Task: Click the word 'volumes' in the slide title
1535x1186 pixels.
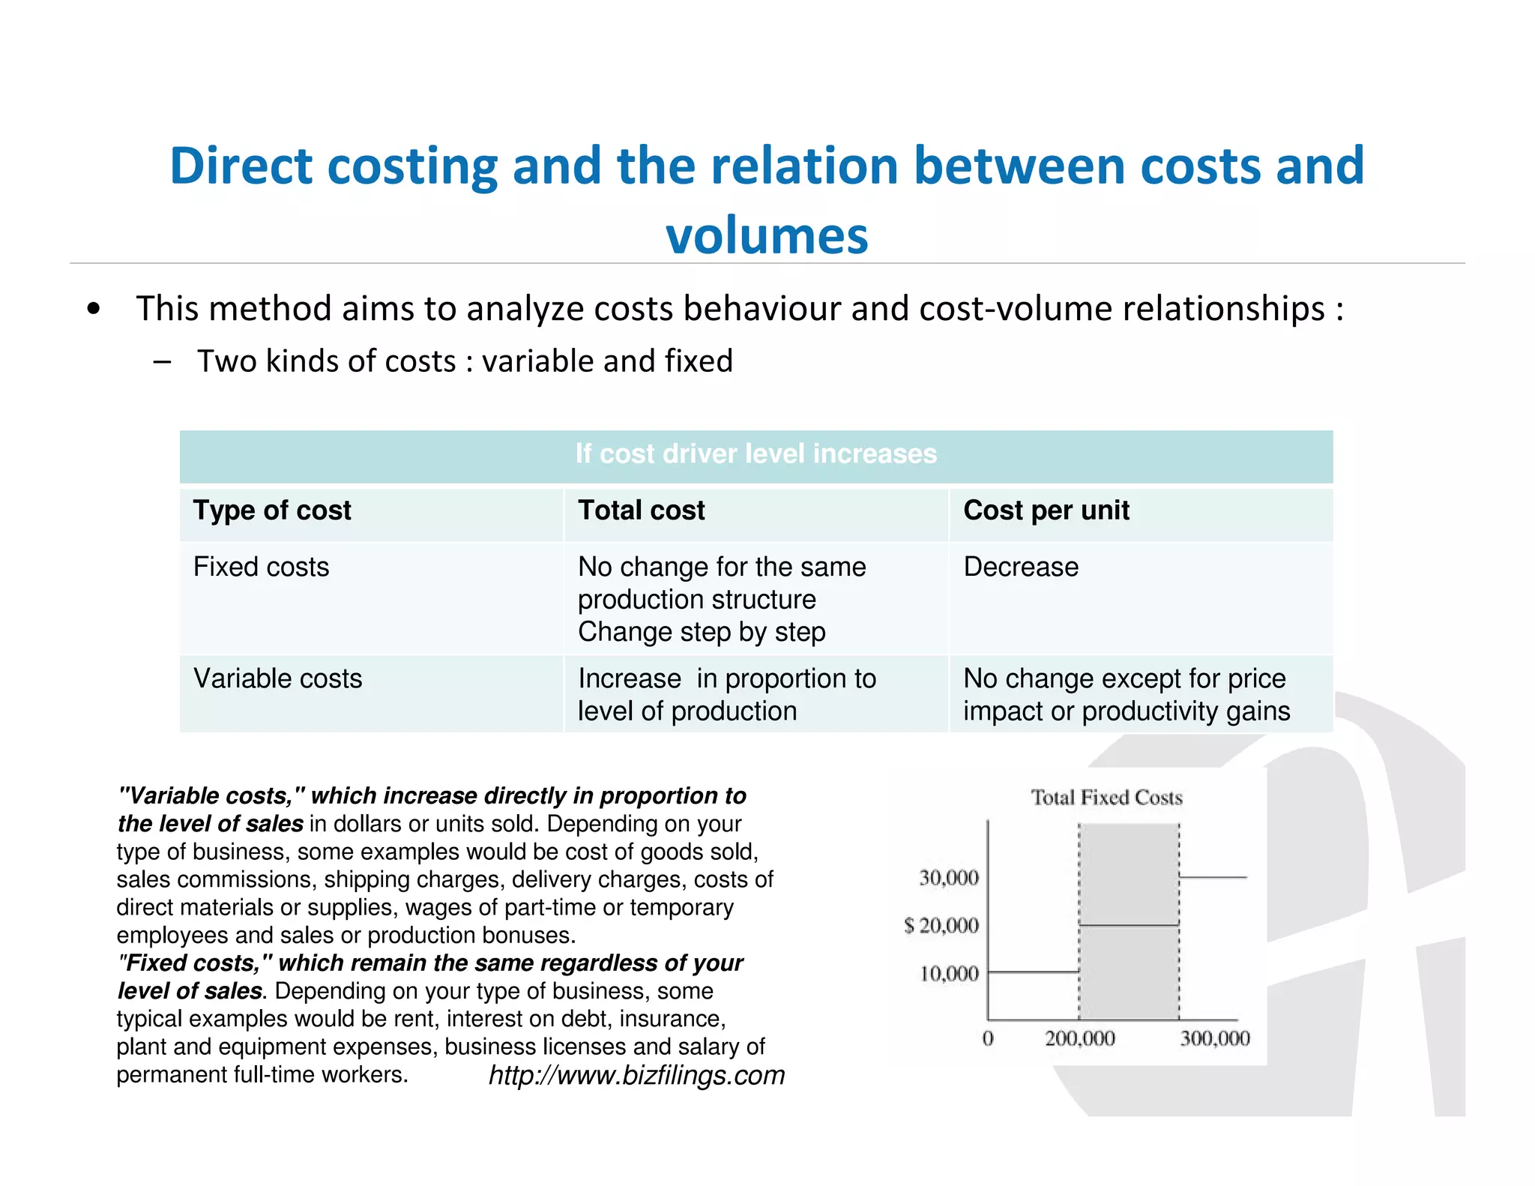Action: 767,235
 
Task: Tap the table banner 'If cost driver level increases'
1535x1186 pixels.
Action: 756,454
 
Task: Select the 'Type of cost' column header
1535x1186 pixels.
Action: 272,511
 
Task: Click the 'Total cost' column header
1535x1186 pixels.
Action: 641,511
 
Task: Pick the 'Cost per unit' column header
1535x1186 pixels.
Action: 1046,511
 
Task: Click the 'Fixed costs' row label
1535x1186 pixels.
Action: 261,567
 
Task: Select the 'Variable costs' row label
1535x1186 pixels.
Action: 277,678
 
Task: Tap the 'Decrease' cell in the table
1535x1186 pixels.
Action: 1021,567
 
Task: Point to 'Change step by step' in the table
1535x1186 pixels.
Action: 702,632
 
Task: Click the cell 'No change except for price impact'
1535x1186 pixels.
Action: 1126,694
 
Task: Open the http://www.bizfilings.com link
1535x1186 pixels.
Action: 636,1075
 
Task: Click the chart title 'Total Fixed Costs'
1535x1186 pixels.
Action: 1106,798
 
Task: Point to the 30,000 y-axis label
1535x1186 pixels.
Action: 949,878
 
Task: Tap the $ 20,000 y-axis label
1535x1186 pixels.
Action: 941,926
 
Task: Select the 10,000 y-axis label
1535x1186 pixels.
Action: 949,974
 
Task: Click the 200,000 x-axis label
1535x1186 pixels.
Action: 1079,1039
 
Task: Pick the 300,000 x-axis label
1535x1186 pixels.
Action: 1215,1039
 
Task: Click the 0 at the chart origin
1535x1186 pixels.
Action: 988,1039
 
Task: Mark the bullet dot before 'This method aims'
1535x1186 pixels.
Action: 93,309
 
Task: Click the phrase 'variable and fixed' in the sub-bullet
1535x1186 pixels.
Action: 607,361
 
